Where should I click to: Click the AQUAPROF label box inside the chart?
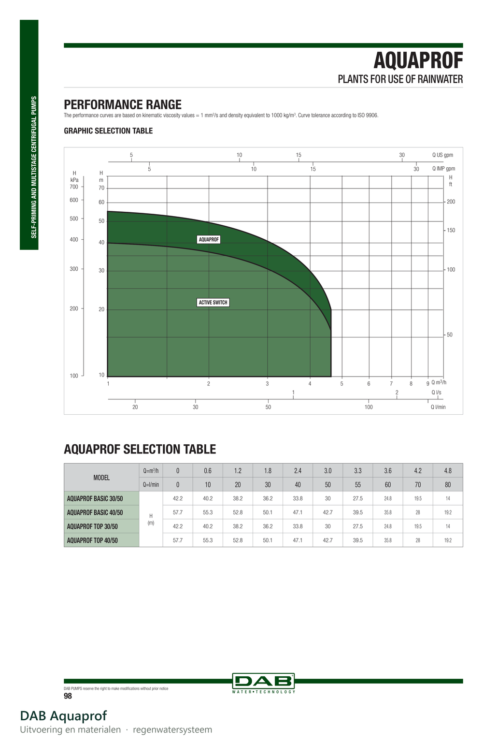coord(209,239)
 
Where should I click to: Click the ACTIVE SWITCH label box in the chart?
coord(213,303)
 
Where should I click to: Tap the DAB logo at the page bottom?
coord(263,683)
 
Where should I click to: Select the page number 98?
coord(68,696)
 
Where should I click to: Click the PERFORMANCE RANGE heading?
coord(123,104)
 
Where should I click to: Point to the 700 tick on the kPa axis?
coord(74,187)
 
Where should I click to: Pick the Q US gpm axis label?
coord(442,155)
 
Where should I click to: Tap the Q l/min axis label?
coord(438,407)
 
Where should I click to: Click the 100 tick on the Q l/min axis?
coord(369,407)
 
